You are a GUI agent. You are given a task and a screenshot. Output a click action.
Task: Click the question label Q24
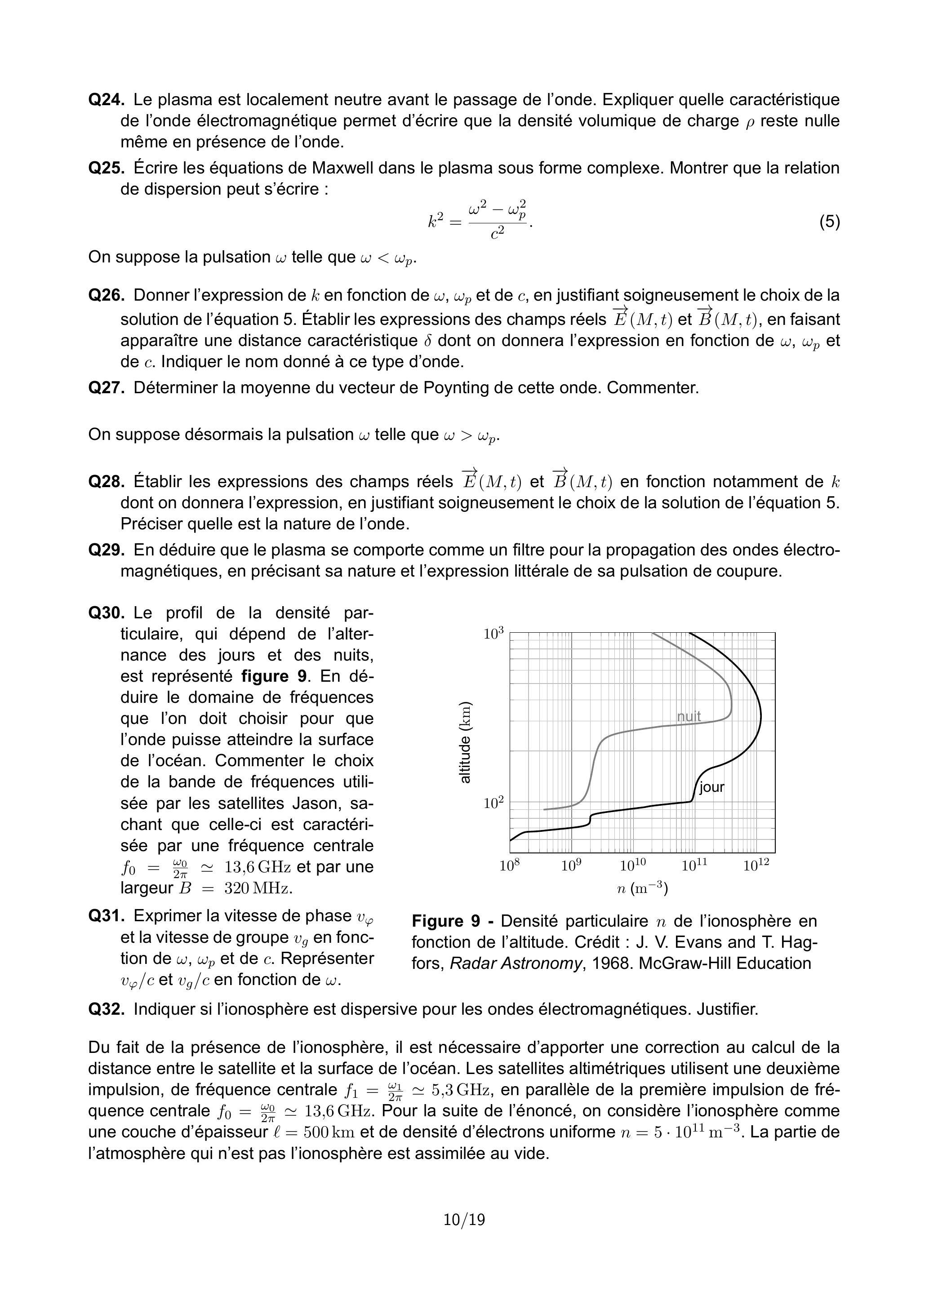(x=106, y=100)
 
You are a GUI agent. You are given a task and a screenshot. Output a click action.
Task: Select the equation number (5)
(x=829, y=222)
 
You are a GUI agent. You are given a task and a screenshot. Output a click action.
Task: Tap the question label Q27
(x=106, y=388)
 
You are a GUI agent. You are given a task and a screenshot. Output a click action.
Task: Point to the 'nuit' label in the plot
(x=689, y=716)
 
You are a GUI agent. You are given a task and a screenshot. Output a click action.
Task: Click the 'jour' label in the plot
(x=711, y=787)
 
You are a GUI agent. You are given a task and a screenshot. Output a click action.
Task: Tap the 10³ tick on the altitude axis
(x=493, y=634)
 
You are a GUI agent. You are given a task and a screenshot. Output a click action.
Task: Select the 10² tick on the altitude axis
(x=493, y=803)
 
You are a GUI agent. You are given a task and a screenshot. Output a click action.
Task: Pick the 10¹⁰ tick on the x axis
(x=632, y=866)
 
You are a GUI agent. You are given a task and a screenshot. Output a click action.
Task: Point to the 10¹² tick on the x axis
(x=756, y=866)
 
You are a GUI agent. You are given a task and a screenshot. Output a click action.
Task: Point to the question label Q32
(x=106, y=1009)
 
